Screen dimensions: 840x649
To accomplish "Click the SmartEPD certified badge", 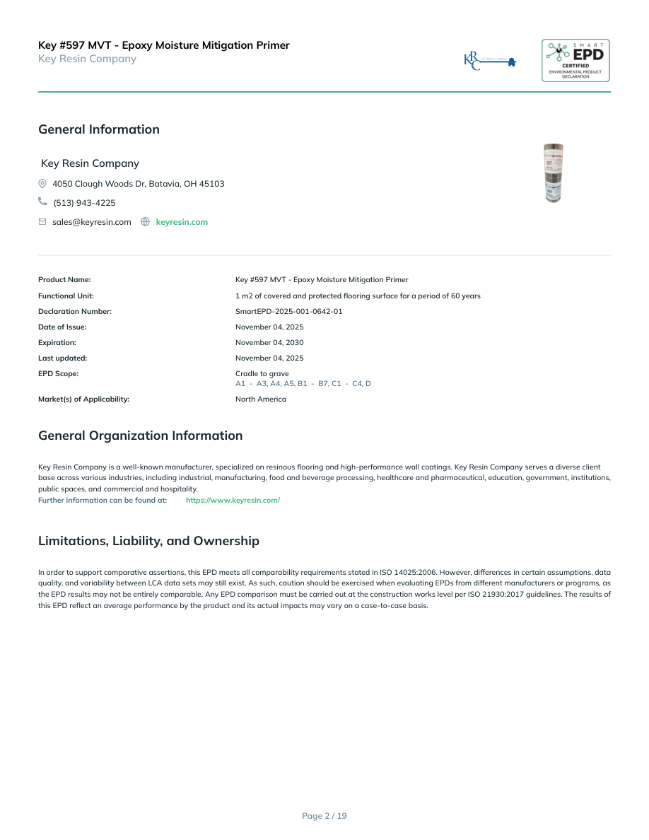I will pos(575,61).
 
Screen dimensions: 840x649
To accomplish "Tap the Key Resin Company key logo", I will pos(490,61).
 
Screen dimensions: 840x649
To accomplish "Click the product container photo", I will pos(554,174).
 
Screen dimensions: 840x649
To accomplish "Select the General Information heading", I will pos(99,129).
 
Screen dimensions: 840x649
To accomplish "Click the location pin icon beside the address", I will pos(42,184).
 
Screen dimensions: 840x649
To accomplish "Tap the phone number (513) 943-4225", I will pos(84,203).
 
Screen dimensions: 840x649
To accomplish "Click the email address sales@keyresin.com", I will pos(92,222).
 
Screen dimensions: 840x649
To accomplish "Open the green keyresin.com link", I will pos(182,222).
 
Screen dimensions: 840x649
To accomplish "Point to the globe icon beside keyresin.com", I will pos(146,222).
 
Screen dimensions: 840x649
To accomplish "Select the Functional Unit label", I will pos(66,296).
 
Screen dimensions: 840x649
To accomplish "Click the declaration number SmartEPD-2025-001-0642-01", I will pos(288,311).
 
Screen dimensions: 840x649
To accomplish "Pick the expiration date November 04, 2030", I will pos(269,342).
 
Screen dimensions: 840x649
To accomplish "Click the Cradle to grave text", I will pos(262,373).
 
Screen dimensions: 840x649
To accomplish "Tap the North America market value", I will pos(261,399).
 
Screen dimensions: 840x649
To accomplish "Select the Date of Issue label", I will pos(62,327).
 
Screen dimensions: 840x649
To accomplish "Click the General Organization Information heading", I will pos(140,436).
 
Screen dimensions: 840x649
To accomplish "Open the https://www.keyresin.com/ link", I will pos(233,500).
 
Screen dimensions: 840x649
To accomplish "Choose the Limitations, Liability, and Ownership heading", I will pos(148,541).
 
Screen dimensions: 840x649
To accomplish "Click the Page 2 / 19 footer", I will pos(324,816).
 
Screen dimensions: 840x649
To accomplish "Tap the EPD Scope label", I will pos(59,373).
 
